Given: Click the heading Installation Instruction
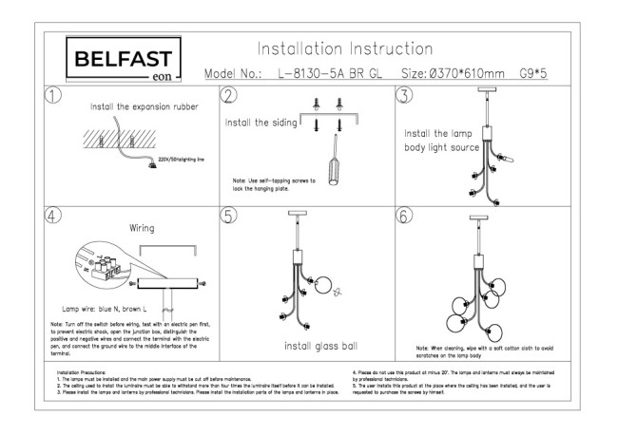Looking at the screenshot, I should click(345, 48).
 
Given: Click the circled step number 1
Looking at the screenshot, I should click(55, 96).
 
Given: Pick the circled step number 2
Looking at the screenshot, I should click(229, 96).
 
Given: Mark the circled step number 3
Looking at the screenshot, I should click(403, 96).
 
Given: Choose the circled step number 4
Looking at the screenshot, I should click(55, 215).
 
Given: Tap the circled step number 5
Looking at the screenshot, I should click(229, 215).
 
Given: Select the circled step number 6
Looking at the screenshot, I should click(403, 215).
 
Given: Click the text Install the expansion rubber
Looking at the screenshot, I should click(145, 107).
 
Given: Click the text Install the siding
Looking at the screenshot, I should click(261, 123).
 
